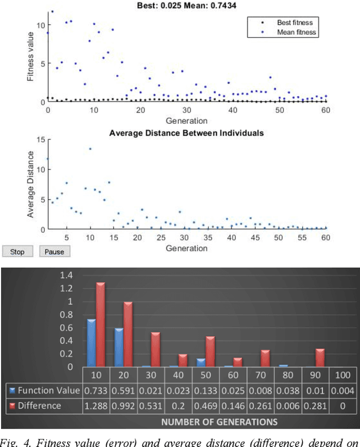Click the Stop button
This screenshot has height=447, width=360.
(x=17, y=252)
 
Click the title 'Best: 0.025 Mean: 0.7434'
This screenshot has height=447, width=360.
(x=186, y=6)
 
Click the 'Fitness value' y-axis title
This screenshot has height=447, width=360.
(x=30, y=56)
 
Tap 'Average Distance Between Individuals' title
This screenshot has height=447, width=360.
(x=186, y=133)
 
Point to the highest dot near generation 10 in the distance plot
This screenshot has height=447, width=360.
(x=90, y=149)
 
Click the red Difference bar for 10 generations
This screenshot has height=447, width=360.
(x=100, y=324)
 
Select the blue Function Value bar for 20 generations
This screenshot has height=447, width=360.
(x=119, y=347)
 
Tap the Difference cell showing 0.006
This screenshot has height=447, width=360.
(x=289, y=405)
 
